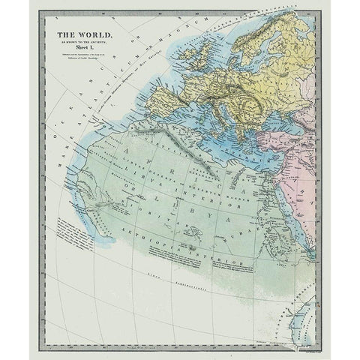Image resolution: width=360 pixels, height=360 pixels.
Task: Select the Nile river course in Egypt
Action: (278, 187)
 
